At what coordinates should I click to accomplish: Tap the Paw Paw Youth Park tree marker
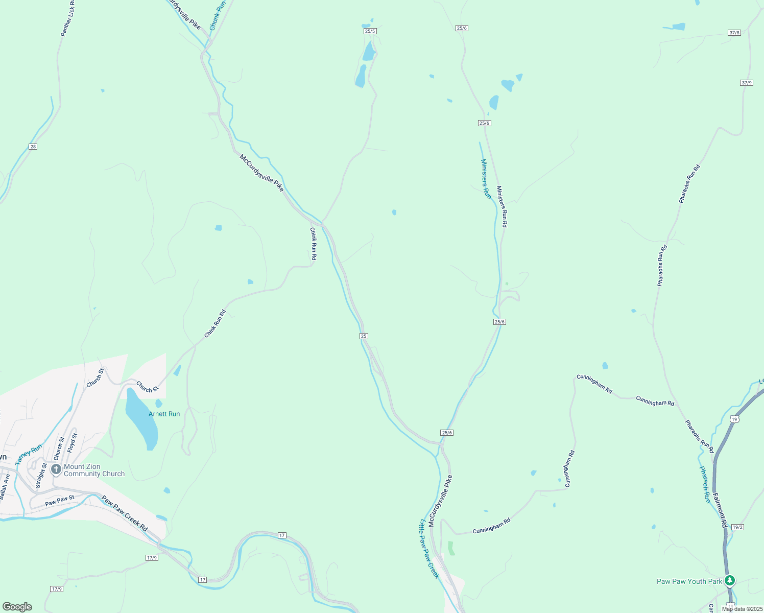click(730, 580)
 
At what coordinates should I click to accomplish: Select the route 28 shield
click(33, 147)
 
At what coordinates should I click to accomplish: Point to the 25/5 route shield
click(370, 31)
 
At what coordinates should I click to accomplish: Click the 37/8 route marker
click(734, 33)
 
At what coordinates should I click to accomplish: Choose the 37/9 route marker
click(746, 82)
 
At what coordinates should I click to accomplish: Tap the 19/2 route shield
click(737, 527)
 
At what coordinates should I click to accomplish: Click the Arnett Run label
click(164, 414)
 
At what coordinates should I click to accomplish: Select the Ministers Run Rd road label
click(502, 206)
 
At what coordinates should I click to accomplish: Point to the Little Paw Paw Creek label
click(429, 549)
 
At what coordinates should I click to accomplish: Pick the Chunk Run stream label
click(218, 15)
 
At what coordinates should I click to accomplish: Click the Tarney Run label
click(29, 454)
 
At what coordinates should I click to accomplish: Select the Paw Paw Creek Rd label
click(125, 513)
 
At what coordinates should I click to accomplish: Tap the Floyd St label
click(73, 443)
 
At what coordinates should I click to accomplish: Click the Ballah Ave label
click(5, 487)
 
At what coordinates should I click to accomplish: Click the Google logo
click(17, 607)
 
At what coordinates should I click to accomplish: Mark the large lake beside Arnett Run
click(141, 417)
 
